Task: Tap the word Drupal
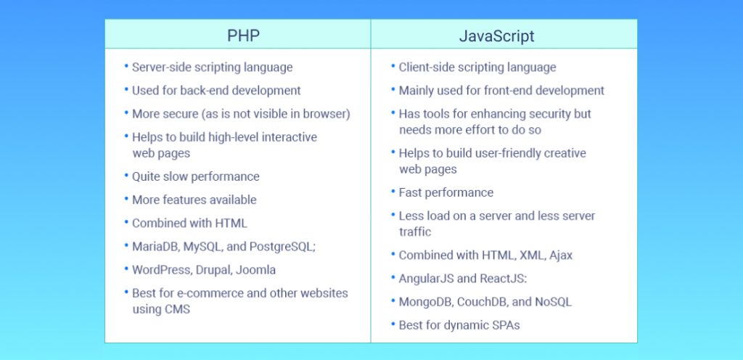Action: [218, 270]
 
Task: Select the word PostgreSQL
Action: [282, 247]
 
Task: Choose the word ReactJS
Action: [503, 279]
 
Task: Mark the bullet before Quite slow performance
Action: [126, 176]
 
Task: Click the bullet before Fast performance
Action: [393, 192]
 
